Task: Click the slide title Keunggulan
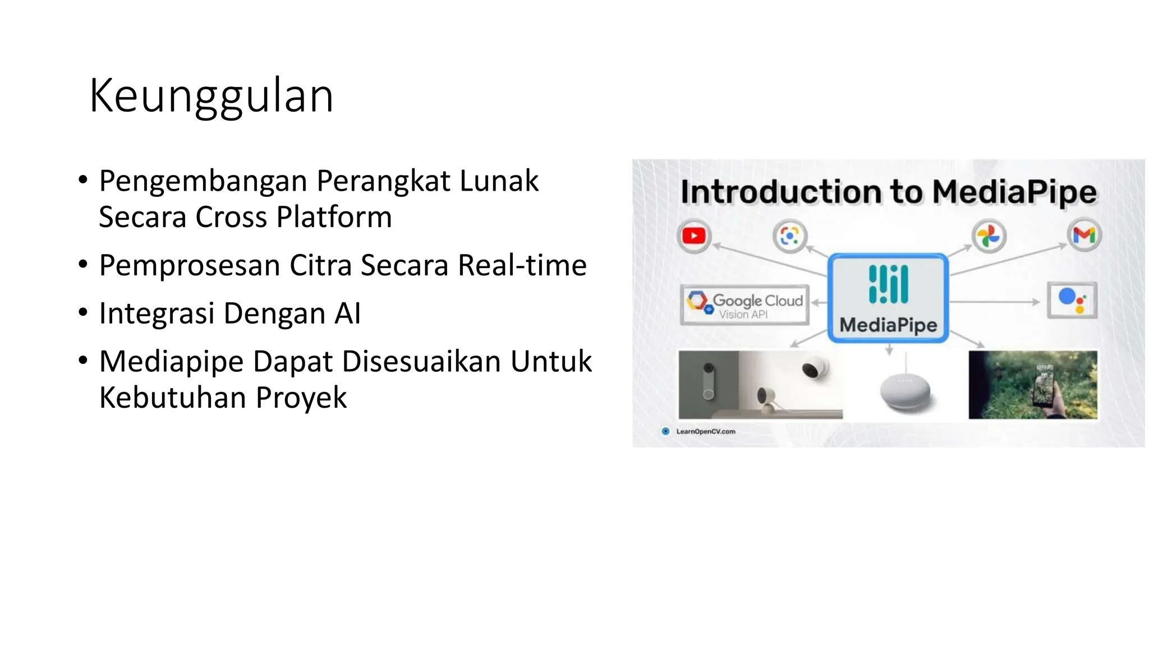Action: pos(211,96)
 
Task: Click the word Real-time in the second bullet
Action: pos(522,265)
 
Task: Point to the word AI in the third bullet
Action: pos(347,313)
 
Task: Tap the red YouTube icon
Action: pos(694,236)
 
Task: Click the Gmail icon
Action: pos(1084,236)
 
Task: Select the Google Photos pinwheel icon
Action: pos(989,236)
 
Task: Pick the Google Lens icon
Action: pos(789,236)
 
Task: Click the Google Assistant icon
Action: pos(1072,300)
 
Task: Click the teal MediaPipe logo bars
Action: pos(888,284)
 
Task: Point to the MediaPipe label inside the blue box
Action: pos(888,325)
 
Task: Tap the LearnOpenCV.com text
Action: pos(705,431)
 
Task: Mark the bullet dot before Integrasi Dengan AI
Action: pos(83,312)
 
